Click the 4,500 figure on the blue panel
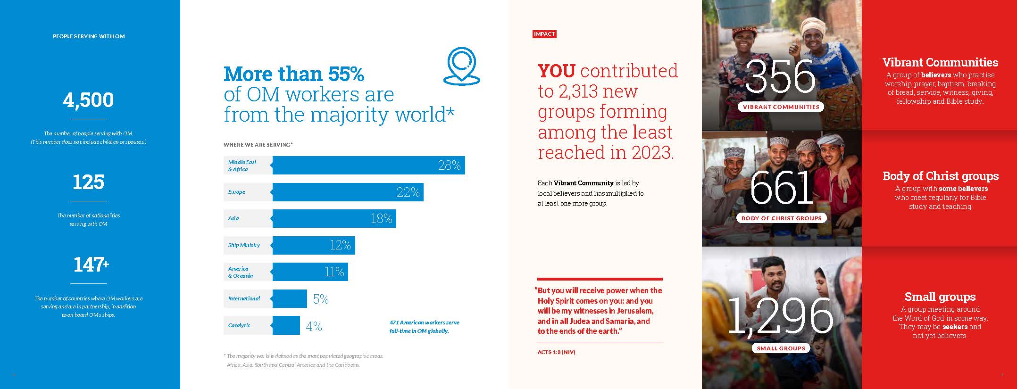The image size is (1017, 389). click(x=88, y=100)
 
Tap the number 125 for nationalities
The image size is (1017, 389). click(x=88, y=182)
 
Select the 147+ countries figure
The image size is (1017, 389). click(x=91, y=265)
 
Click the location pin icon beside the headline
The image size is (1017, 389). click(x=461, y=66)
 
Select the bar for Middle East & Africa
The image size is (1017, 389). click(x=368, y=165)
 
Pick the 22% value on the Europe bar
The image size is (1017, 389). click(x=408, y=192)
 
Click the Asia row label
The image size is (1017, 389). click(x=234, y=218)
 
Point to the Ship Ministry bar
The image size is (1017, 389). click(x=313, y=245)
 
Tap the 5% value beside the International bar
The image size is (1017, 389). click(x=321, y=299)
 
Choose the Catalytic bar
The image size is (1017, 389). click(x=286, y=325)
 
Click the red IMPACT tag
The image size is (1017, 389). click(x=544, y=34)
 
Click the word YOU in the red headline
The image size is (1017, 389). click(x=556, y=71)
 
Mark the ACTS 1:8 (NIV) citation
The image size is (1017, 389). click(x=556, y=352)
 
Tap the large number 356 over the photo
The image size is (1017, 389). click(x=781, y=76)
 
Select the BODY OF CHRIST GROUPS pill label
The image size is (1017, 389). click(x=781, y=218)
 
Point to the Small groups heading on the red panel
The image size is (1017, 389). click(x=940, y=297)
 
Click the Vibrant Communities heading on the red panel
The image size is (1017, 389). click(x=940, y=62)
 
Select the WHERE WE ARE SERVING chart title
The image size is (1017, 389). click(x=258, y=145)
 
